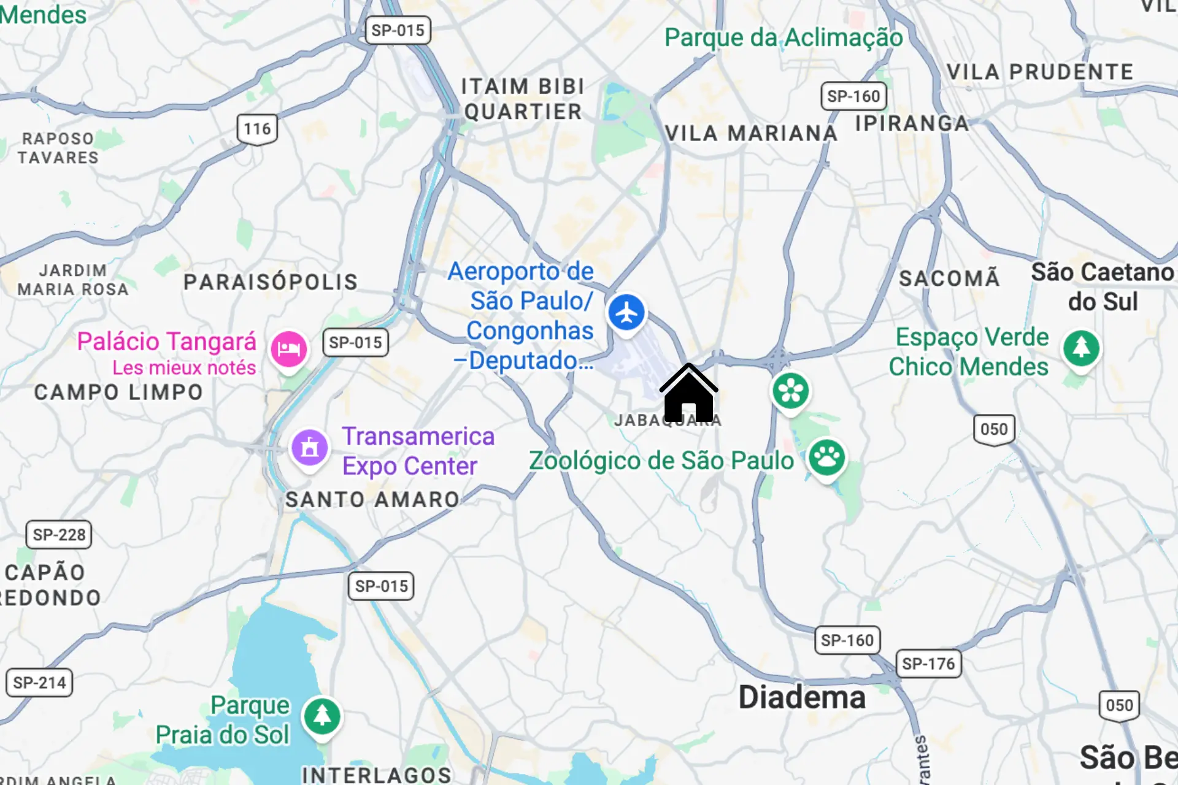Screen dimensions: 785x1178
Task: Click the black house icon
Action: pos(688,394)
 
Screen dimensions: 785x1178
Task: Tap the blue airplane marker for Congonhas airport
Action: pos(626,313)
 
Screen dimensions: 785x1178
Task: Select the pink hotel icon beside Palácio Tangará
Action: pos(288,349)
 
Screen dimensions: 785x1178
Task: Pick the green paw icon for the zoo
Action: pos(826,457)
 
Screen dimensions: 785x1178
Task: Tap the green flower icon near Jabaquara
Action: pos(790,391)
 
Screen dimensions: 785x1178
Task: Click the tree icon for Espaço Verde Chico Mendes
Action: pos(1081,348)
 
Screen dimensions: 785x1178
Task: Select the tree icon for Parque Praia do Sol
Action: pos(322,716)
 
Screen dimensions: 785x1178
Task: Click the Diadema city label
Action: pos(802,697)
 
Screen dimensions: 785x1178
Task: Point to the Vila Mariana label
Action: pos(751,133)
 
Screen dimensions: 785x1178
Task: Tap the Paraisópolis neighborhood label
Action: pos(271,281)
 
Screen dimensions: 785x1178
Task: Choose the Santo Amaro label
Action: pos(372,499)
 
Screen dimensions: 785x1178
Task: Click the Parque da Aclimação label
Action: pos(783,37)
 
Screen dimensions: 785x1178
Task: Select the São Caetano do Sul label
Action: pos(1103,286)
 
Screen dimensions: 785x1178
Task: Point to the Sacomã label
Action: pos(949,278)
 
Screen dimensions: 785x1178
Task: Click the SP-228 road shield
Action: pos(59,535)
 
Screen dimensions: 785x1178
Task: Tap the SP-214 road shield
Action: pos(39,683)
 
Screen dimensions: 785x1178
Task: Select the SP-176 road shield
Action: pos(928,664)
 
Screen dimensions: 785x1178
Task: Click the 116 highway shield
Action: pos(257,129)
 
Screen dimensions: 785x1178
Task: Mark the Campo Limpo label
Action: pos(118,392)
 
